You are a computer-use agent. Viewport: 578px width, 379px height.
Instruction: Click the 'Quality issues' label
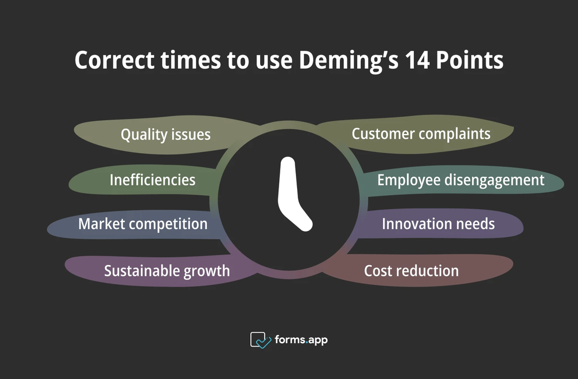[x=165, y=135]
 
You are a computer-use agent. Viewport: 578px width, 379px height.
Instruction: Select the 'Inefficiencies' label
[x=153, y=180]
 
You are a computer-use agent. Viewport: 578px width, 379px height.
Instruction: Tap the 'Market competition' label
[x=143, y=224]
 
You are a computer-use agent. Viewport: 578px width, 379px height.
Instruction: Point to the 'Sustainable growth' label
[x=167, y=270]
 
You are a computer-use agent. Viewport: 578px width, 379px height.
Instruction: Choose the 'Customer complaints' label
[x=421, y=134]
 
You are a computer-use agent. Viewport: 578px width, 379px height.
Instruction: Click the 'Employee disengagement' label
[x=461, y=180]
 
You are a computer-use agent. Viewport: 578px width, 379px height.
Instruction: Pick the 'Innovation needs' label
[x=438, y=224]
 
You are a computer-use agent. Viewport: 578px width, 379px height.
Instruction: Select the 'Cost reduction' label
[x=411, y=270]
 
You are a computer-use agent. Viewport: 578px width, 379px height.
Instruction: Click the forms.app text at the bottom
[x=301, y=340]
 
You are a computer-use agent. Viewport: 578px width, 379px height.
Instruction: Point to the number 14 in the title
[x=416, y=61]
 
